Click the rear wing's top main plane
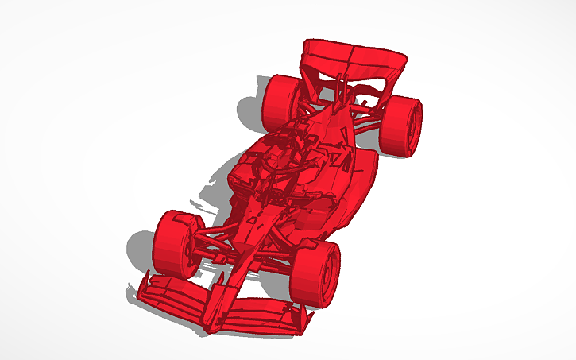350,58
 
